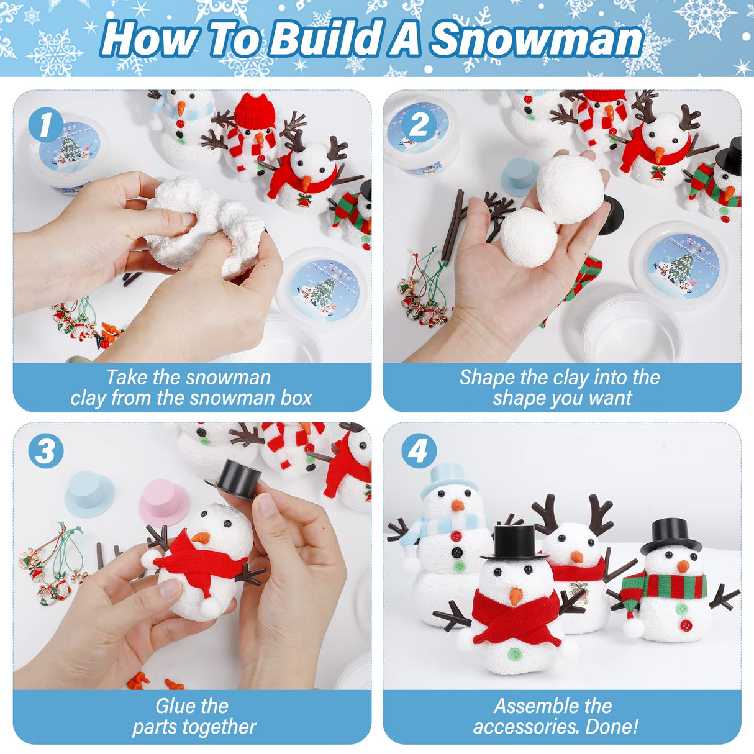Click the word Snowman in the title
(537, 39)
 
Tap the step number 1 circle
(45, 125)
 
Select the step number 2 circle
(419, 125)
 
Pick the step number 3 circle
(45, 451)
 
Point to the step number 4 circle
(418, 451)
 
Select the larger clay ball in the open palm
(570, 189)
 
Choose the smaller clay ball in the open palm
(529, 237)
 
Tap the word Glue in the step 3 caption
(174, 706)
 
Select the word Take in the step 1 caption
(127, 378)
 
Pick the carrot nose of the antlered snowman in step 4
(576, 556)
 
